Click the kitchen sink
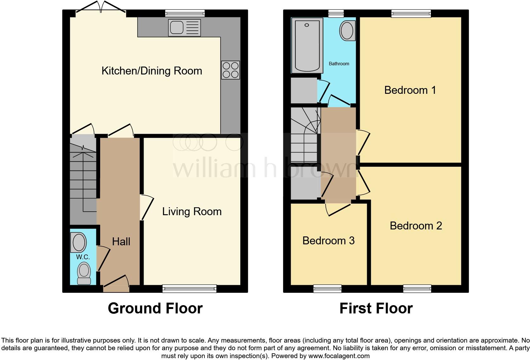pyautogui.click(x=184, y=28)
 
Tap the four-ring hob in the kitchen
pyautogui.click(x=230, y=70)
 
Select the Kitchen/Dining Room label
pyautogui.click(x=152, y=71)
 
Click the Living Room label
pyautogui.click(x=192, y=211)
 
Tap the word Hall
pyautogui.click(x=121, y=241)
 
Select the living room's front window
pyautogui.click(x=189, y=288)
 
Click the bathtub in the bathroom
pyautogui.click(x=307, y=45)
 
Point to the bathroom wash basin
pyautogui.click(x=347, y=31)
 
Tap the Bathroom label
pyautogui.click(x=339, y=64)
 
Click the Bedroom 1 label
pyautogui.click(x=410, y=90)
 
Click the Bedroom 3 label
pyautogui.click(x=328, y=241)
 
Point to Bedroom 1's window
pyautogui.click(x=411, y=13)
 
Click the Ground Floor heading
pyautogui.click(x=155, y=308)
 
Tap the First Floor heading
pyautogui.click(x=376, y=308)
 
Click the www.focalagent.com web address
pyautogui.click(x=339, y=356)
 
